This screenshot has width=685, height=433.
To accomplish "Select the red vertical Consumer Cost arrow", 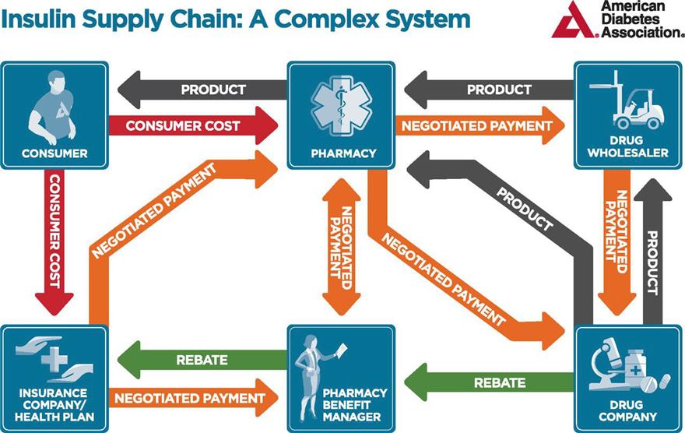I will click(54, 241).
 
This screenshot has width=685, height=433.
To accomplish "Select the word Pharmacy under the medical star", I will click(343, 153).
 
